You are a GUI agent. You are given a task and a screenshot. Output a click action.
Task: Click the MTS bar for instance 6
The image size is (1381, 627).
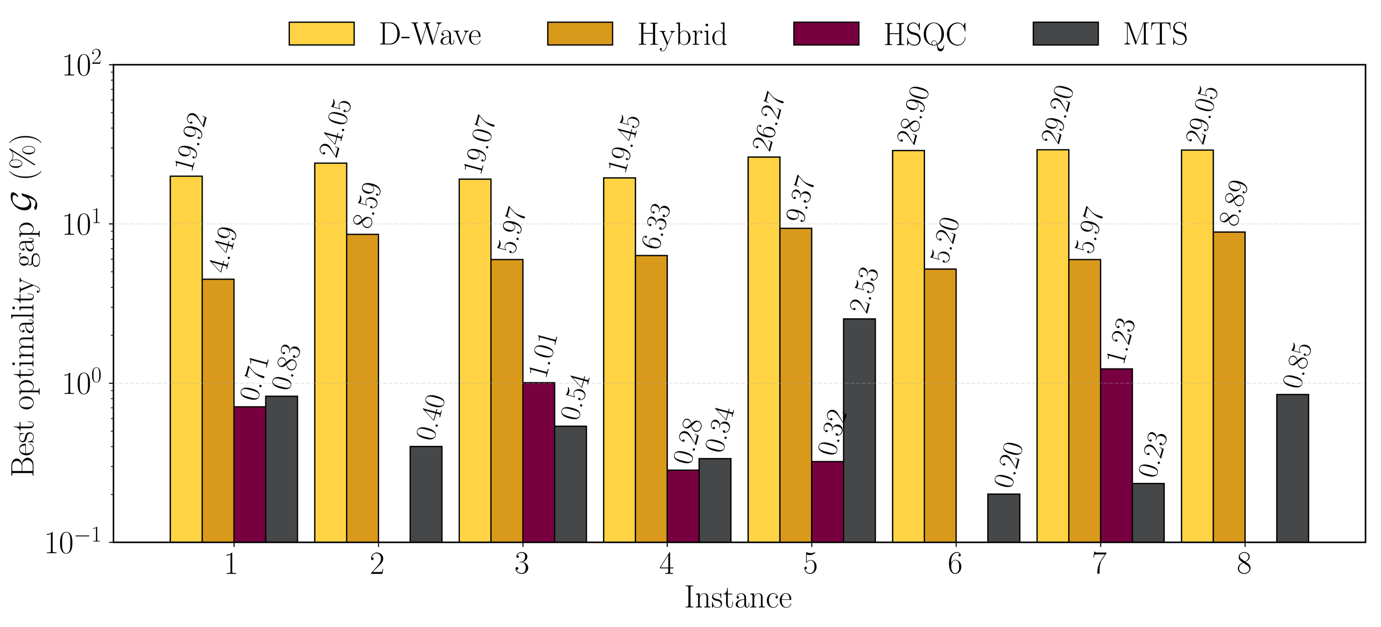pyautogui.click(x=1004, y=518)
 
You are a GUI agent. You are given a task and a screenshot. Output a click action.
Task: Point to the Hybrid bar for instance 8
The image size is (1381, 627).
pyautogui.click(x=1229, y=387)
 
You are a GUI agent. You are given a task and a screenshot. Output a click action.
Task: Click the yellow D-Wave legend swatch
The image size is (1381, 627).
pyautogui.click(x=321, y=34)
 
